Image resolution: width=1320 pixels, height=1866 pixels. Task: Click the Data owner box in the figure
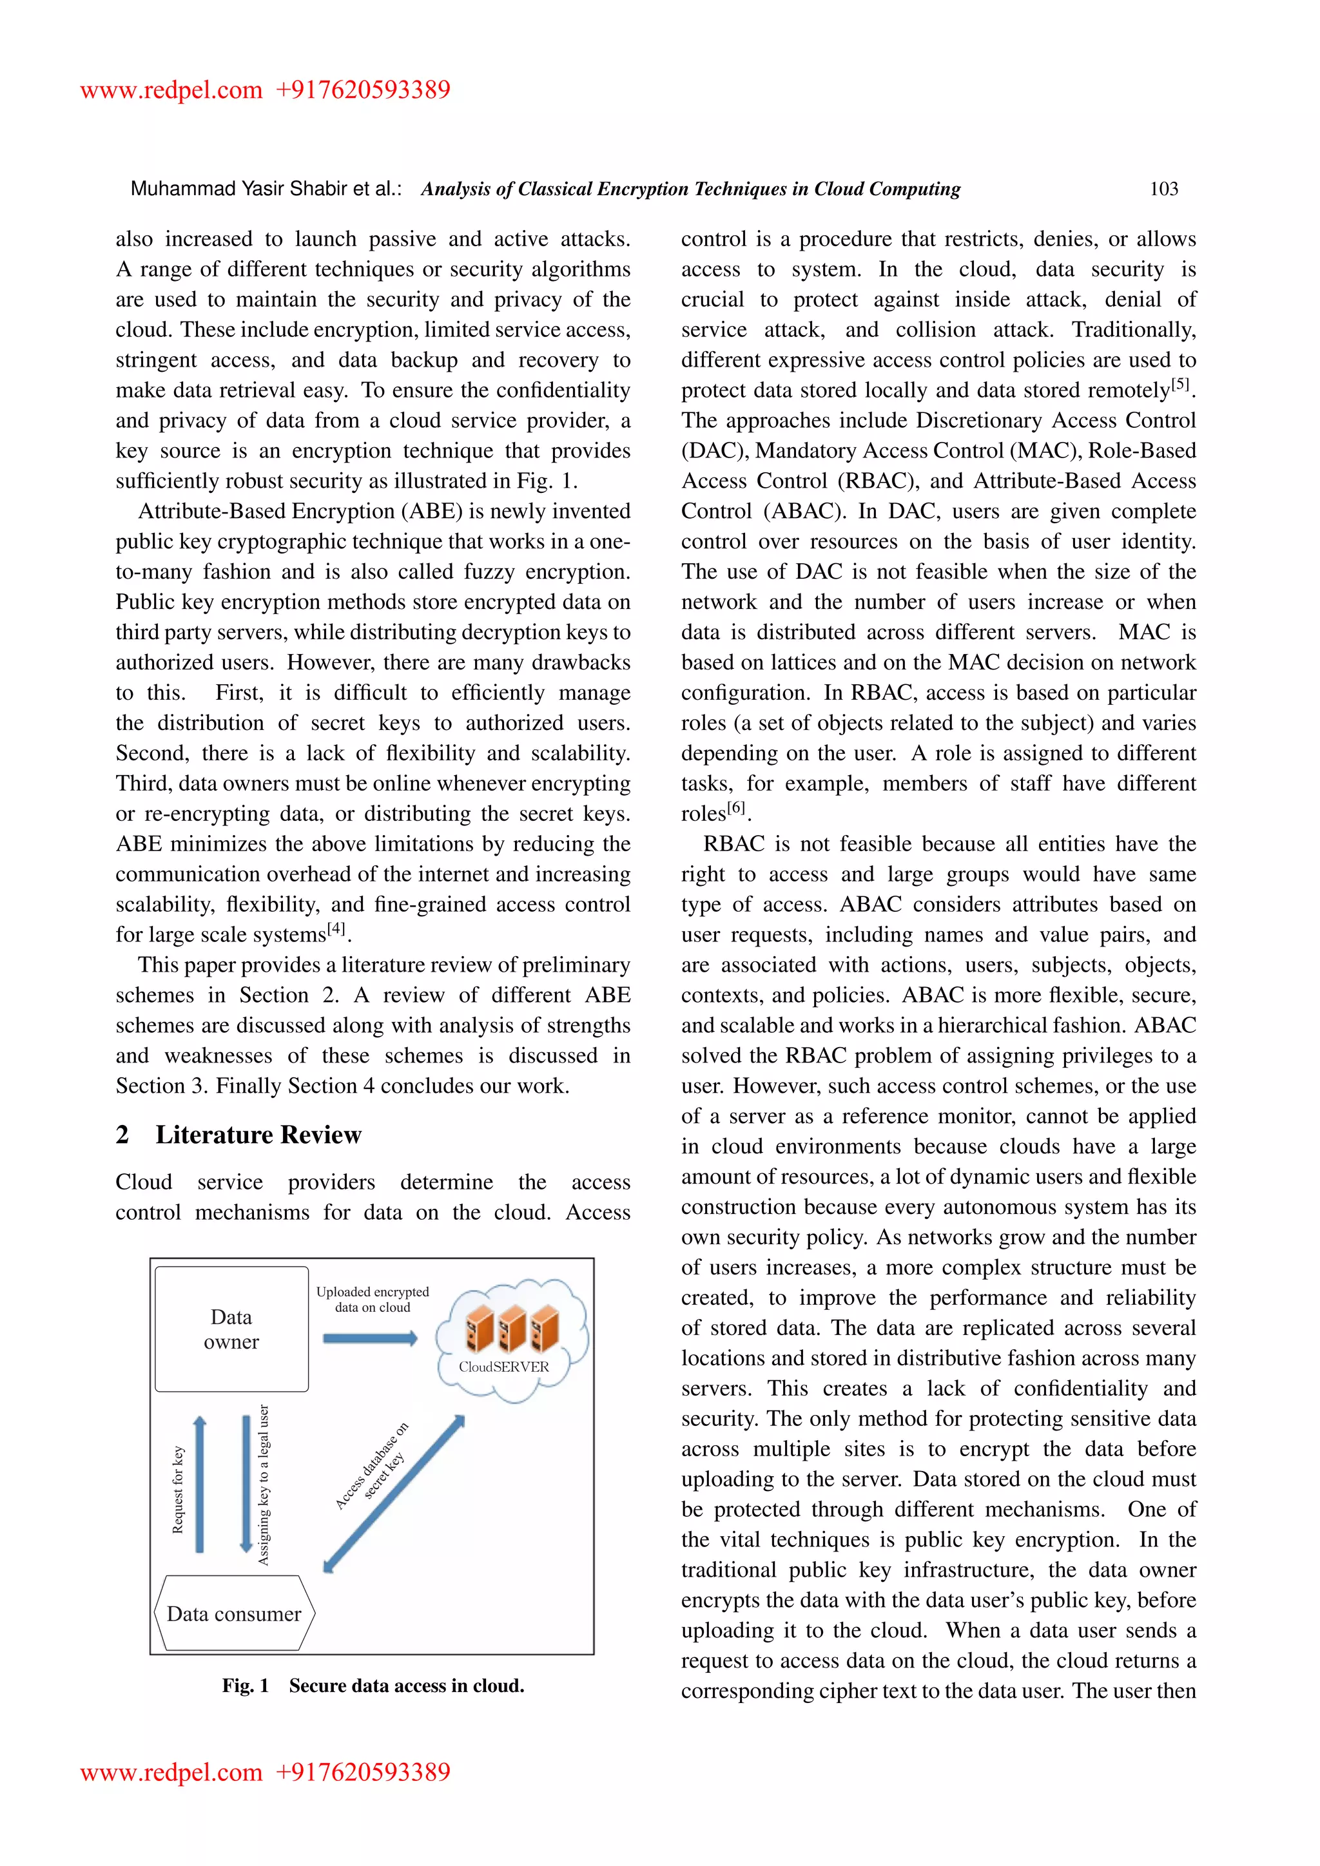(x=231, y=1329)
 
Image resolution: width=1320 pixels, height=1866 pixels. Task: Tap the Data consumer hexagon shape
(x=234, y=1613)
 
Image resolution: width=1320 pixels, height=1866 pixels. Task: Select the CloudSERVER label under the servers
(x=503, y=1367)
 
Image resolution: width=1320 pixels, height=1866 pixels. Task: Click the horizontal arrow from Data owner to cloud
(x=370, y=1338)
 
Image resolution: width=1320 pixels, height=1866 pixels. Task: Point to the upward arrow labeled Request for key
(x=200, y=1484)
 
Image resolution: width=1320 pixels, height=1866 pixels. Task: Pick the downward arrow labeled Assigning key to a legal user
(x=246, y=1484)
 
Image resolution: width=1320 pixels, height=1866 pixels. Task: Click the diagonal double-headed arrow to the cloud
(x=394, y=1494)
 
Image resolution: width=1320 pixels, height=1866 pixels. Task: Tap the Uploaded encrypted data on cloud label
(x=373, y=1299)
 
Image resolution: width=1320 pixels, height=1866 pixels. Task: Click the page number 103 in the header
(x=1163, y=189)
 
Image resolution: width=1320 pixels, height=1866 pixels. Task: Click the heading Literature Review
(x=258, y=1135)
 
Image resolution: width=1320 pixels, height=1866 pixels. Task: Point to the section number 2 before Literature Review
(x=122, y=1135)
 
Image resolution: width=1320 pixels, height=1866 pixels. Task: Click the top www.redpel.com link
(x=171, y=90)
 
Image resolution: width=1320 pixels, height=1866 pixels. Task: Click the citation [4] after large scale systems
(x=336, y=929)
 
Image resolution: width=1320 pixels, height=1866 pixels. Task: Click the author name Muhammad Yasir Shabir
(x=228, y=189)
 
